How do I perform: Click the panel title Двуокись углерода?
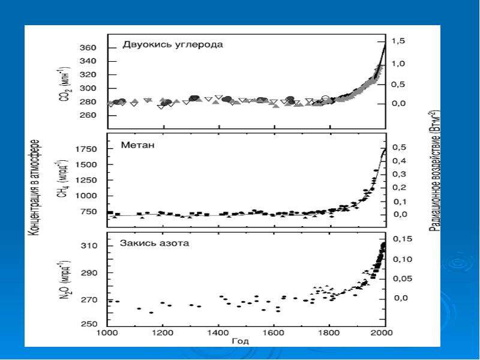(x=173, y=44)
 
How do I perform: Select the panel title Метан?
(x=137, y=145)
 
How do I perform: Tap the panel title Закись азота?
(x=154, y=244)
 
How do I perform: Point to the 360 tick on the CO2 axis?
(x=88, y=48)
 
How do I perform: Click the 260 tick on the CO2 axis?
(x=88, y=115)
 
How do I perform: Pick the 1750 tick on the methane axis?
(x=86, y=149)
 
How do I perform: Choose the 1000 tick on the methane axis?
(x=86, y=196)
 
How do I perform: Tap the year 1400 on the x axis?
(x=218, y=332)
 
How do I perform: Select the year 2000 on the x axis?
(x=382, y=332)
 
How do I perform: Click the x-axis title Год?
(x=241, y=341)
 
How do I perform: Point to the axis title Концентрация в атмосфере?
(x=34, y=187)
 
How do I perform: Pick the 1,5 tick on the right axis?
(x=398, y=41)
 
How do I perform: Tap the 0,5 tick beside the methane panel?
(x=400, y=148)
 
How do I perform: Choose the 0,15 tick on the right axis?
(x=403, y=239)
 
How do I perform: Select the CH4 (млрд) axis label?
(x=64, y=178)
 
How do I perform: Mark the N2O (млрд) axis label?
(x=65, y=280)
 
